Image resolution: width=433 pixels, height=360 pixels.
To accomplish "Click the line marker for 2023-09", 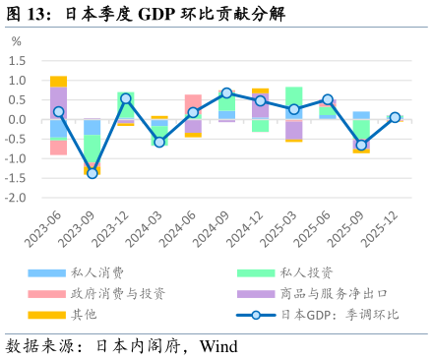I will point(93,173).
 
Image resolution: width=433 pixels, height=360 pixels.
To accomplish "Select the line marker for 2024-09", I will point(227,93).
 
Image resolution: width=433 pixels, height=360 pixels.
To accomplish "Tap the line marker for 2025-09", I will point(361,146).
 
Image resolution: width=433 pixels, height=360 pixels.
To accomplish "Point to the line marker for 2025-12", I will point(395,117).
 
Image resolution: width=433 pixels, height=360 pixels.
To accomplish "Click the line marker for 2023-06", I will point(59,112).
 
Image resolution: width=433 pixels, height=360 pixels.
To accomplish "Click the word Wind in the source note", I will point(218,347).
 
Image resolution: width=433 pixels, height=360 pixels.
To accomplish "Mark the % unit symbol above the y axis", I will point(16,42).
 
